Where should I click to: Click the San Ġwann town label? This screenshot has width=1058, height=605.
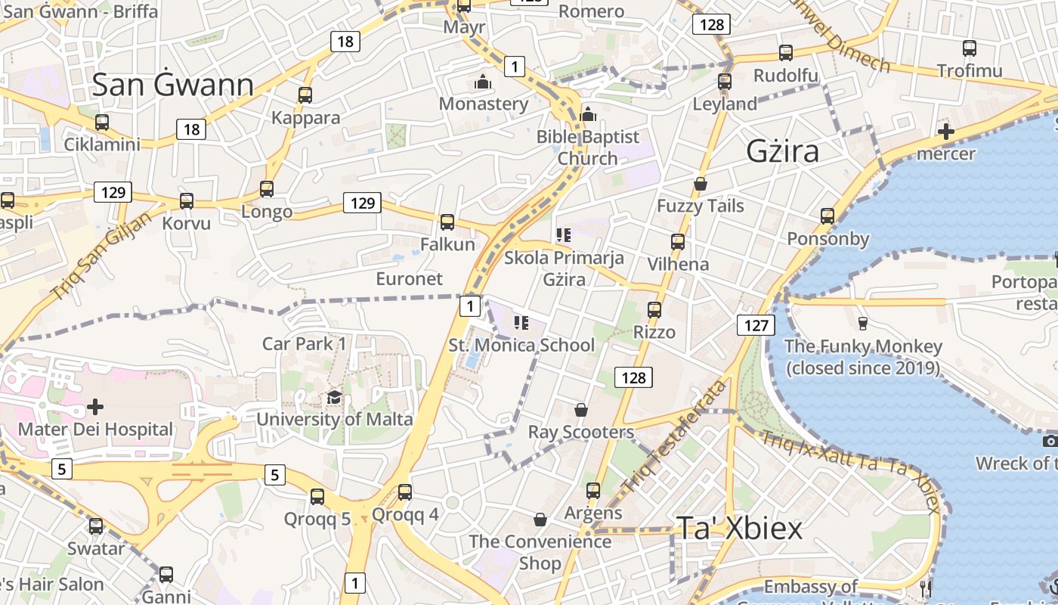coord(172,85)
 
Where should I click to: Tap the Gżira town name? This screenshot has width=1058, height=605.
coord(782,151)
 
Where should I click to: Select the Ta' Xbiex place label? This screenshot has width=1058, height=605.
coord(738,528)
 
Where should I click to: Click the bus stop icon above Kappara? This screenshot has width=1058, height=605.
coord(305,95)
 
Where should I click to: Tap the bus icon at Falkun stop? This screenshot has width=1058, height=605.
coord(447,222)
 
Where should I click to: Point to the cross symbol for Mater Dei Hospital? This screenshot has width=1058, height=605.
coord(95,407)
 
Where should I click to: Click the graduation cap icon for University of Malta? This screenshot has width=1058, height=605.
coord(334,397)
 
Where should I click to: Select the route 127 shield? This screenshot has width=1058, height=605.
coord(755,326)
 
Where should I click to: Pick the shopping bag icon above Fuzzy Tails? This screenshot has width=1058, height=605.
coord(701,184)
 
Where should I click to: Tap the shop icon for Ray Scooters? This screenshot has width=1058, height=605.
coord(581,410)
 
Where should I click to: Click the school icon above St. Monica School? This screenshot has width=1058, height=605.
coord(521,324)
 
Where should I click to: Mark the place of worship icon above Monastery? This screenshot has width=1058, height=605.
coord(483,82)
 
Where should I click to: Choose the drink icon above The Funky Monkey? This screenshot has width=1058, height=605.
coord(862,324)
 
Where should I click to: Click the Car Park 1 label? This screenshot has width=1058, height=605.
coord(304,343)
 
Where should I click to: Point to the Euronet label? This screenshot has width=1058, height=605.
coord(409,278)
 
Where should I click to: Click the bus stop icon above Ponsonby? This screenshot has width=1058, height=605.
coord(828,216)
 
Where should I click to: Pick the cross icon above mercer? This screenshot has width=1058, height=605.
coord(945,132)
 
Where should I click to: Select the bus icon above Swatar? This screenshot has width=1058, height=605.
coord(96,526)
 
